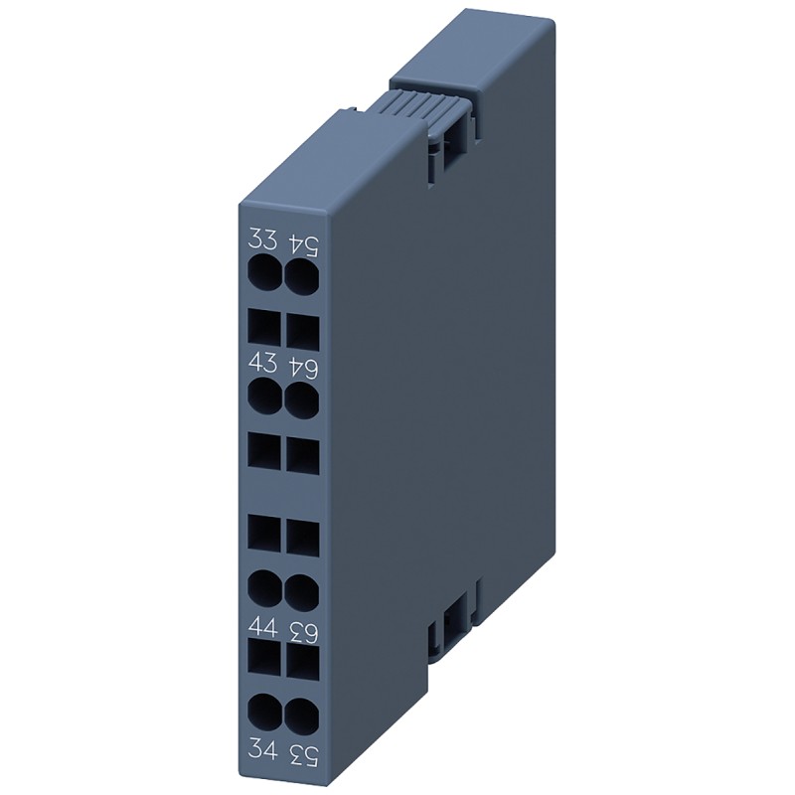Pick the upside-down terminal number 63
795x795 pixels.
(302, 630)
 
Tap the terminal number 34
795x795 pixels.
(263, 745)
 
